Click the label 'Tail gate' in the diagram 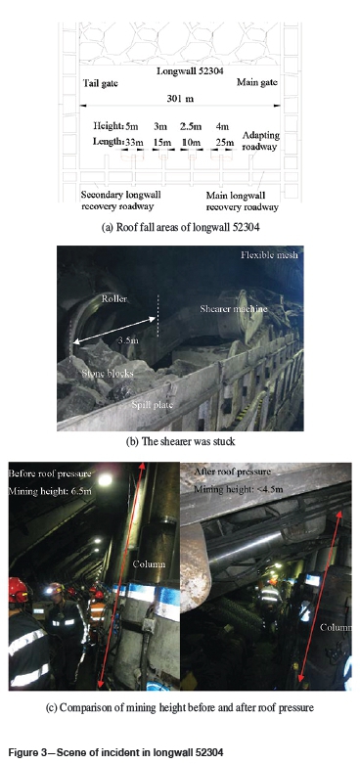101,83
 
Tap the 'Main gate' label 257,82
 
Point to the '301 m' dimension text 181,99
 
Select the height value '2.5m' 191,127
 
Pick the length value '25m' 222,142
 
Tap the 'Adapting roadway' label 260,141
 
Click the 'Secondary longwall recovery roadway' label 121,201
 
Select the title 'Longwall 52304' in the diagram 190,71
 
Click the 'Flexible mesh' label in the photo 269,254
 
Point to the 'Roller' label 113,298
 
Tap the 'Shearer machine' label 234,308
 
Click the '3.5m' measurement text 128,340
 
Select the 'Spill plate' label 153,404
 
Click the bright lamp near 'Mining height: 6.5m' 105,480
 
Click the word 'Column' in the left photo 149,564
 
